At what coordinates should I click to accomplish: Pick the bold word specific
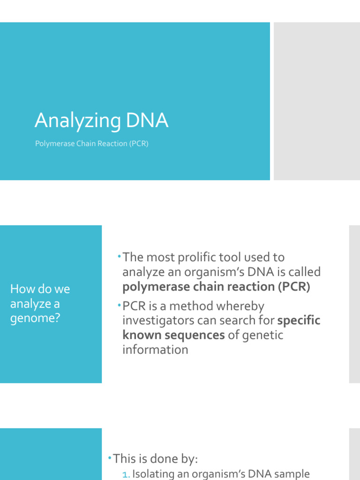pyautogui.click(x=299, y=321)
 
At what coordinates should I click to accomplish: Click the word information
pyautogui.click(x=155, y=350)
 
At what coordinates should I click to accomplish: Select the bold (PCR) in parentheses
pyautogui.click(x=294, y=286)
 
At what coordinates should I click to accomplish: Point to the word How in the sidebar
pyautogui.click(x=19, y=289)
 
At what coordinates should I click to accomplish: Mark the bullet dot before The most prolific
pyautogui.click(x=120, y=256)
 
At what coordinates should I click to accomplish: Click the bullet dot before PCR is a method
pyautogui.click(x=120, y=305)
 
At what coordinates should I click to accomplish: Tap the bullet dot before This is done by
pyautogui.click(x=110, y=457)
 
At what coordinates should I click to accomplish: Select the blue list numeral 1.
pyautogui.click(x=125, y=475)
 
